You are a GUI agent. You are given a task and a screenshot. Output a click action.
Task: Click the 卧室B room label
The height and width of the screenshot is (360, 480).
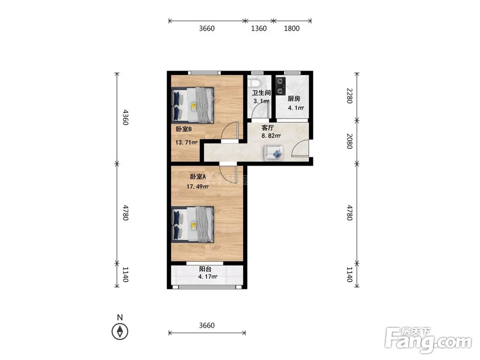[184, 129]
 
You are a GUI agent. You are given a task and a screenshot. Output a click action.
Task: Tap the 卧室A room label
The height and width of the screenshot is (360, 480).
[198, 177]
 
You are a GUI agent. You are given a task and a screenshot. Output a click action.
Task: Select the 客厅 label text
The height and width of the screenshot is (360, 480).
[267, 128]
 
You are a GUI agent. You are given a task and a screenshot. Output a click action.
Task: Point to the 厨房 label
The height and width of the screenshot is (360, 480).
[294, 98]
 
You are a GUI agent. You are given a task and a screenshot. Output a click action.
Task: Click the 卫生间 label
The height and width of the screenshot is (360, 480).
[261, 93]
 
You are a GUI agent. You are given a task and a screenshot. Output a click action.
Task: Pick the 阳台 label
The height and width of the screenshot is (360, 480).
[205, 269]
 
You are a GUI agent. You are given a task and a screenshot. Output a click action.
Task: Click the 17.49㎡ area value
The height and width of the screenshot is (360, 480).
[197, 186]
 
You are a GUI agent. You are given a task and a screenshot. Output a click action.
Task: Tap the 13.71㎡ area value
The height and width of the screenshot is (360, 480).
[186, 142]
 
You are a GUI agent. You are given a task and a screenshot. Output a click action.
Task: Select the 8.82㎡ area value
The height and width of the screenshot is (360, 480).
[271, 136]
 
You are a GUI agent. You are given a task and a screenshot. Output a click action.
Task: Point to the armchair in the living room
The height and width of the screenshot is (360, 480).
[274, 153]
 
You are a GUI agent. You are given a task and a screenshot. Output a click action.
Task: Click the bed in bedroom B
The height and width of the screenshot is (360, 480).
[192, 106]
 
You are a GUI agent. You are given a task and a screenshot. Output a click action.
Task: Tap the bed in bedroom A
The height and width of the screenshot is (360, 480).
[192, 224]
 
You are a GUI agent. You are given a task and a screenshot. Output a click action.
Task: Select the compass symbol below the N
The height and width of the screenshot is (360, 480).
[120, 332]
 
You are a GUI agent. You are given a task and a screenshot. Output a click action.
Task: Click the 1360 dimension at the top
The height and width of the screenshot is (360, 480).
[259, 28]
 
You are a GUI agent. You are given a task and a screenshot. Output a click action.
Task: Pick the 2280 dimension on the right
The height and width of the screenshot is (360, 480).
[349, 96]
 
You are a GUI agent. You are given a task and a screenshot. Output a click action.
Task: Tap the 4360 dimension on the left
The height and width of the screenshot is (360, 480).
[125, 117]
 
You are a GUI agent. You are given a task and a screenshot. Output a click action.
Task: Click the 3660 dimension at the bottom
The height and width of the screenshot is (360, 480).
[206, 325]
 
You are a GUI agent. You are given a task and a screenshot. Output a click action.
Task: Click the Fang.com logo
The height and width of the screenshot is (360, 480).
[428, 340]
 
